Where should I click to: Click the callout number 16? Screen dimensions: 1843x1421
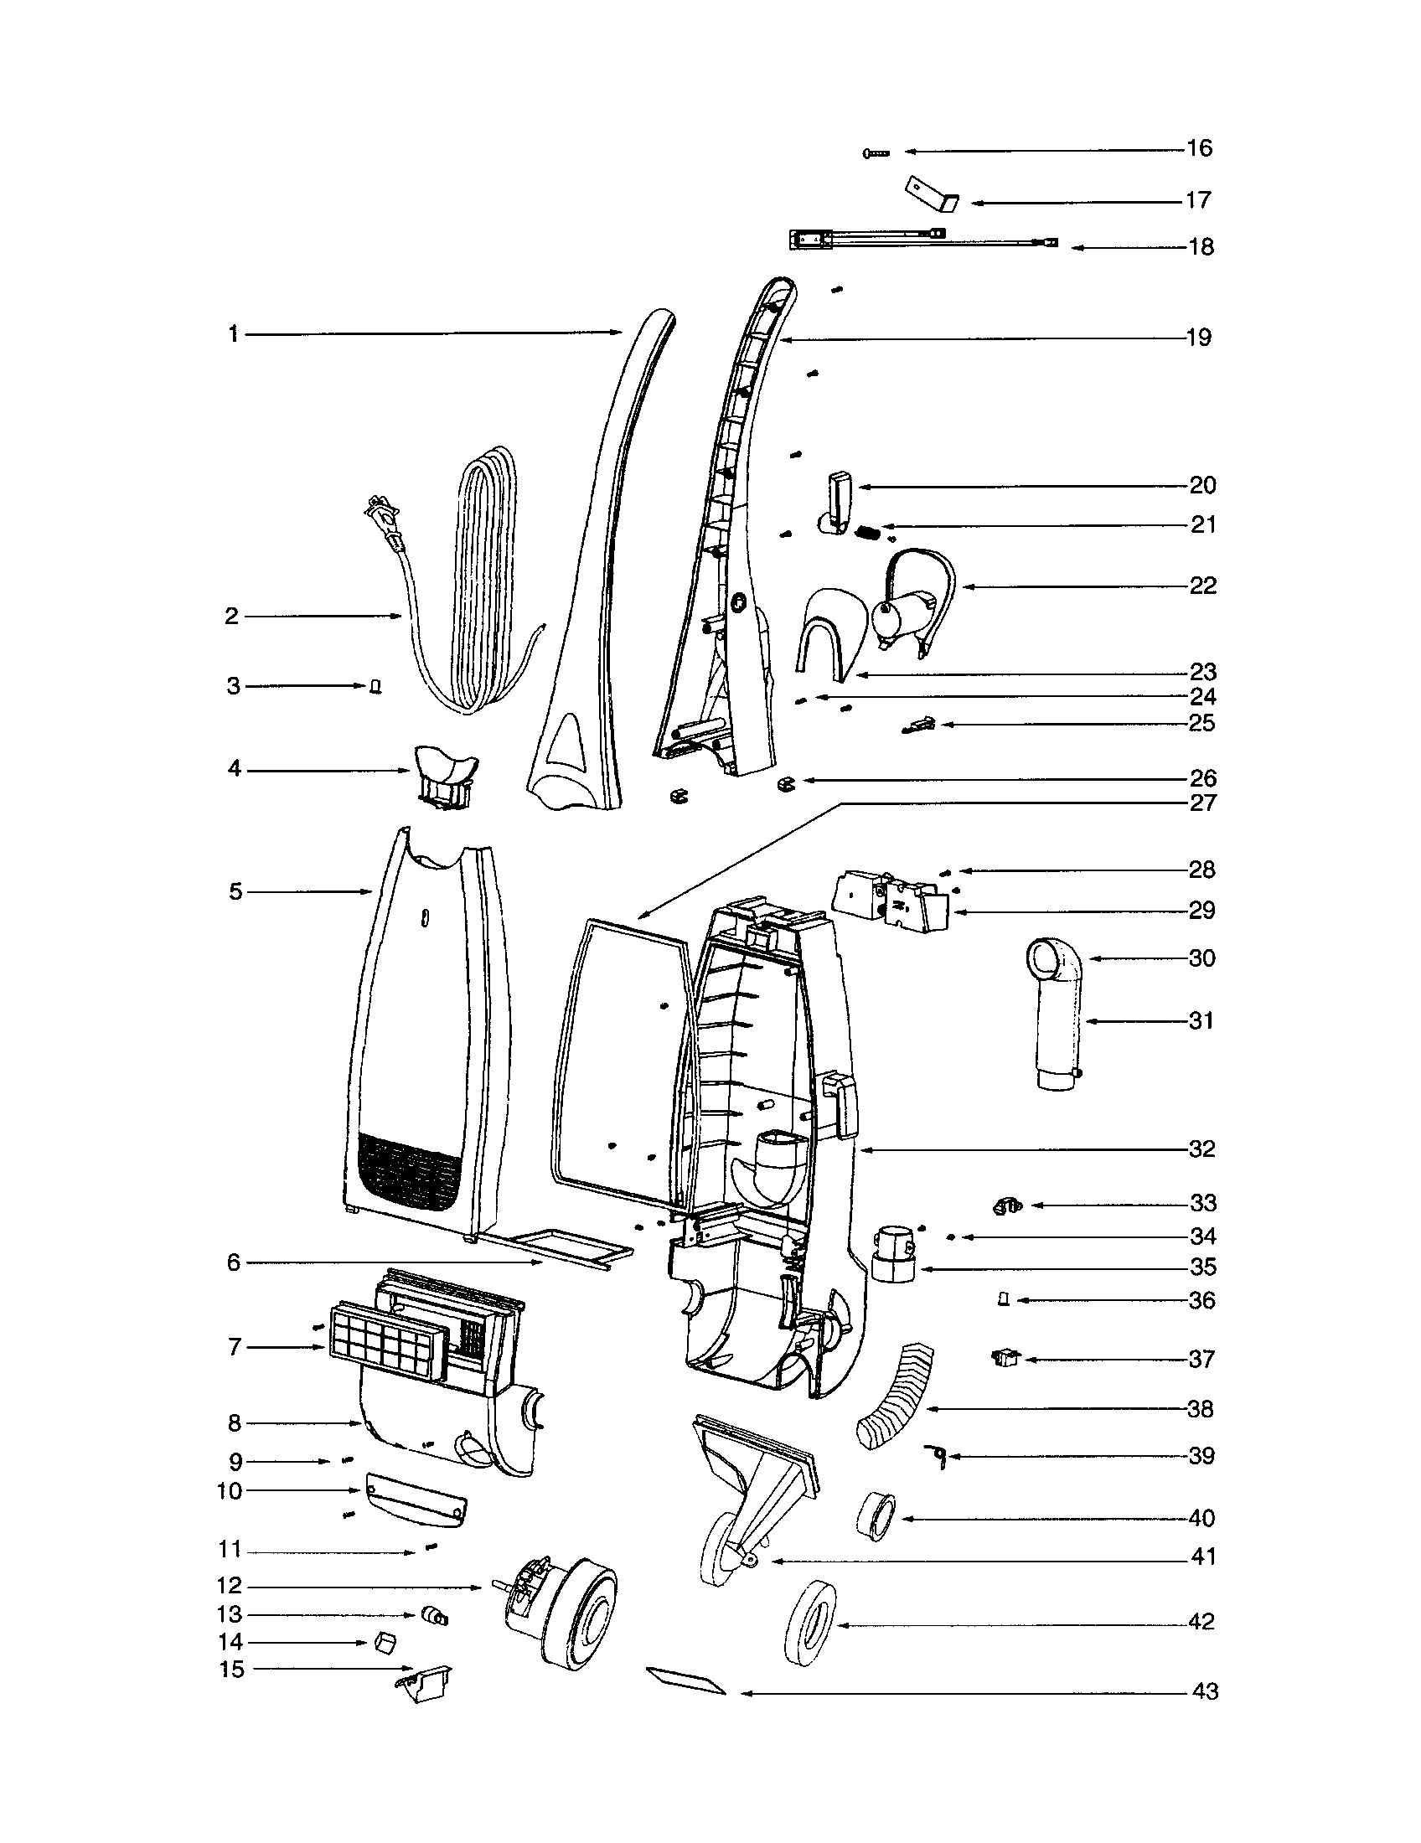point(1199,148)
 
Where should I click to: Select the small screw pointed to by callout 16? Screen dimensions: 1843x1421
point(876,152)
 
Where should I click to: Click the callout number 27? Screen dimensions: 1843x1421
point(1202,803)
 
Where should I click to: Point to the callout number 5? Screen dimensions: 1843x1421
point(235,892)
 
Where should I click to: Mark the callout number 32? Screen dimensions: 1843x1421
point(1202,1149)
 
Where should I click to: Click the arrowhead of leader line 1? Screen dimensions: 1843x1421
point(618,334)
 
